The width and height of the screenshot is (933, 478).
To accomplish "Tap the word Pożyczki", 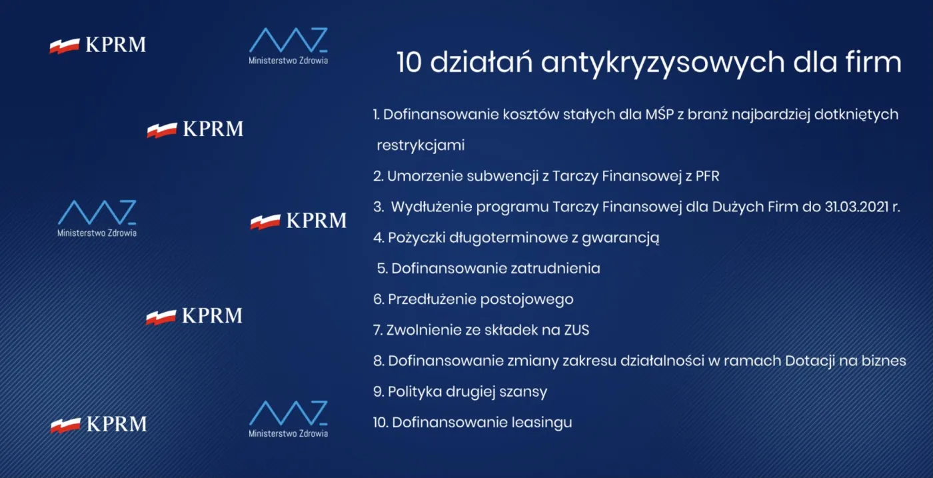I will click(x=418, y=237).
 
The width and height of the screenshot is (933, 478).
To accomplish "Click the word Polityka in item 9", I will click(x=415, y=391).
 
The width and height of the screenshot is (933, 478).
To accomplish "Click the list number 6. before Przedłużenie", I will click(x=378, y=299).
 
